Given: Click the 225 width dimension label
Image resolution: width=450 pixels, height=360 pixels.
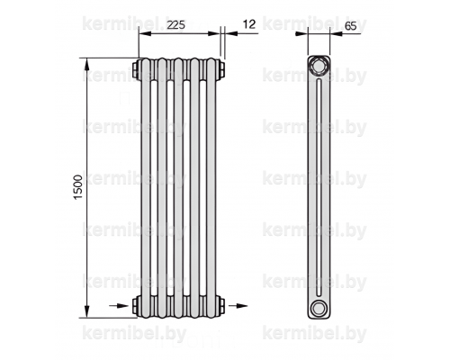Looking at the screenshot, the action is point(176,25).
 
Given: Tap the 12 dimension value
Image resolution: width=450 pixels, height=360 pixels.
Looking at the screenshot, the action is point(249,24).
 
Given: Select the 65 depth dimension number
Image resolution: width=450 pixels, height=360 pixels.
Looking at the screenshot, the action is point(350,26).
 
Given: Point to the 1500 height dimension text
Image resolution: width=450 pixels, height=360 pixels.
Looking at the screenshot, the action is point(78,187).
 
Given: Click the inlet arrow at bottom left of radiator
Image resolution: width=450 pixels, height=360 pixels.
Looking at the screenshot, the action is point(119,306).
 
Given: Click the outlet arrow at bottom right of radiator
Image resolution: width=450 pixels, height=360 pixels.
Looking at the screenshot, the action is point(238,306).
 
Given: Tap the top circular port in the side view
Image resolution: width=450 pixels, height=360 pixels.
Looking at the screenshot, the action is point(319,66).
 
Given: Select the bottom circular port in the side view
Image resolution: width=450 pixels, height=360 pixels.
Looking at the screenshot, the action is point(318,308).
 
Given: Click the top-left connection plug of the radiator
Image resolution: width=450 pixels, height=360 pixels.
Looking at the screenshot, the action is point(136,69).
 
